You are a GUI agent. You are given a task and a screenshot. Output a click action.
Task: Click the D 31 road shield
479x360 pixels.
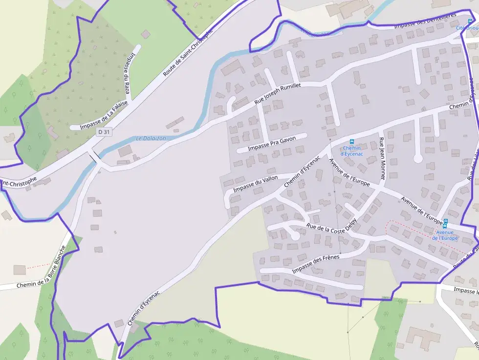point(104,132)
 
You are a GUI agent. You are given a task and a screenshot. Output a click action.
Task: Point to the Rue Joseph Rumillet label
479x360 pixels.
point(278,93)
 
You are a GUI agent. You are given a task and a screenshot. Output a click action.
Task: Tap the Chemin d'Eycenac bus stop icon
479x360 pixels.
point(351,142)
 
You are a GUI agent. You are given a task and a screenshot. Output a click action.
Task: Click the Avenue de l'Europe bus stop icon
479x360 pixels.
point(445,223)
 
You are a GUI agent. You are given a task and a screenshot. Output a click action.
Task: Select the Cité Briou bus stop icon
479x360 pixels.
point(470,21)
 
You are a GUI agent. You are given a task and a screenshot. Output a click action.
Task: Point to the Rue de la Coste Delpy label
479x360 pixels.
point(332,227)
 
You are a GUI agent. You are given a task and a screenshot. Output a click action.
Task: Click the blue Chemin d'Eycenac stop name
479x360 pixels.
point(352,151)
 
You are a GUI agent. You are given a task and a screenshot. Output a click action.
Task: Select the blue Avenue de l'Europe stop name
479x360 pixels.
point(445,235)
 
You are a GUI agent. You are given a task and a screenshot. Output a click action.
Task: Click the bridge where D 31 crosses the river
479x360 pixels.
point(93,157)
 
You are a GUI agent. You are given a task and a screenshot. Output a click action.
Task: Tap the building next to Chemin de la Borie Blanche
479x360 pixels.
point(20,270)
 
